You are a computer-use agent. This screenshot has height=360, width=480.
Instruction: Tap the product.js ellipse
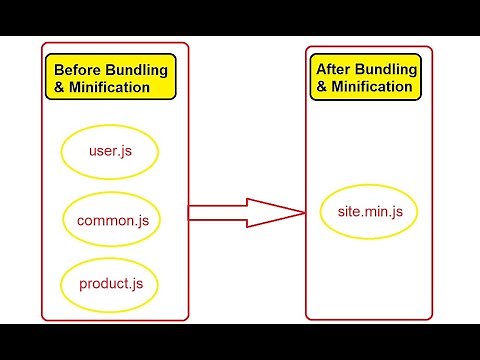(x=111, y=283)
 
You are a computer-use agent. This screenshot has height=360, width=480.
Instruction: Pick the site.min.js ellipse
(x=369, y=212)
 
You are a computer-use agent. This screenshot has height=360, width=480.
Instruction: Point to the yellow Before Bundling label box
(x=110, y=78)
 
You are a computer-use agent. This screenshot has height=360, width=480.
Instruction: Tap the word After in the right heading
(x=334, y=69)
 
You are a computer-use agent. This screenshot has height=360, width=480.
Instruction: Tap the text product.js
(x=111, y=284)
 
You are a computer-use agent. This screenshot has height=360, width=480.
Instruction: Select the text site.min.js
(x=369, y=212)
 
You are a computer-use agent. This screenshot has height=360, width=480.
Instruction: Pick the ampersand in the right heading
(x=322, y=87)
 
